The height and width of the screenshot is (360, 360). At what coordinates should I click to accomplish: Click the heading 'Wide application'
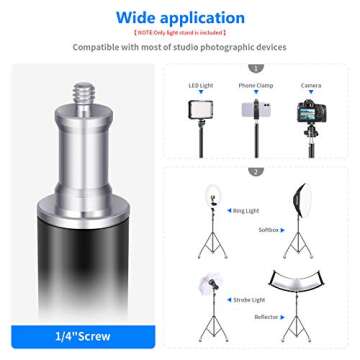[180, 17]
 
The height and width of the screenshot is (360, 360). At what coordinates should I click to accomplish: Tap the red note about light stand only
[180, 33]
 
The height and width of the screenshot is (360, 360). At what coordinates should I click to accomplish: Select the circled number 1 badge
[256, 68]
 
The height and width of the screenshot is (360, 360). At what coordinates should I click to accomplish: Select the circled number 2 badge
[256, 171]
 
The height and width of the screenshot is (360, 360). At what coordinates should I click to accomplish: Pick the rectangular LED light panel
[202, 109]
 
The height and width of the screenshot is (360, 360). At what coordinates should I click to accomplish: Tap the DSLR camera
[311, 112]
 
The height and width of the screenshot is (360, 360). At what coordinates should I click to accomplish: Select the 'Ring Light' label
[245, 211]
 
